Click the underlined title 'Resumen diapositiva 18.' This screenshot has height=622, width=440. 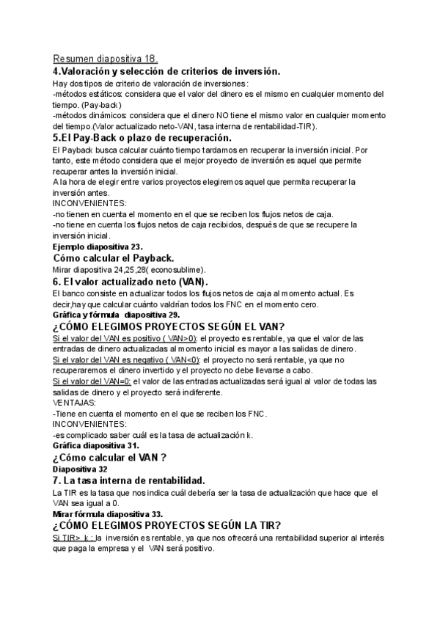coord(104,59)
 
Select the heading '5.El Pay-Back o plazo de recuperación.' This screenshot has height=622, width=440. coord(152,137)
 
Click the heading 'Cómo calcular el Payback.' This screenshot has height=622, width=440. coord(113,257)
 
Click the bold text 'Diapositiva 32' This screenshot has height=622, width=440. coord(80,469)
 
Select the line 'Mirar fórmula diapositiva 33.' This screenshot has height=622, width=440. coord(108,514)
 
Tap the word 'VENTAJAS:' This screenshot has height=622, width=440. coord(75,403)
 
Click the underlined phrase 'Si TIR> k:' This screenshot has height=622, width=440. coord(73,538)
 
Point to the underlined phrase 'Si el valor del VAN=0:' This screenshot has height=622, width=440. coord(92,381)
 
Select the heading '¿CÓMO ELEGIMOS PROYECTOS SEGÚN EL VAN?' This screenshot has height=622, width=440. coord(168,326)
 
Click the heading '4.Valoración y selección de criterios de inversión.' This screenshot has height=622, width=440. coord(166,71)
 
